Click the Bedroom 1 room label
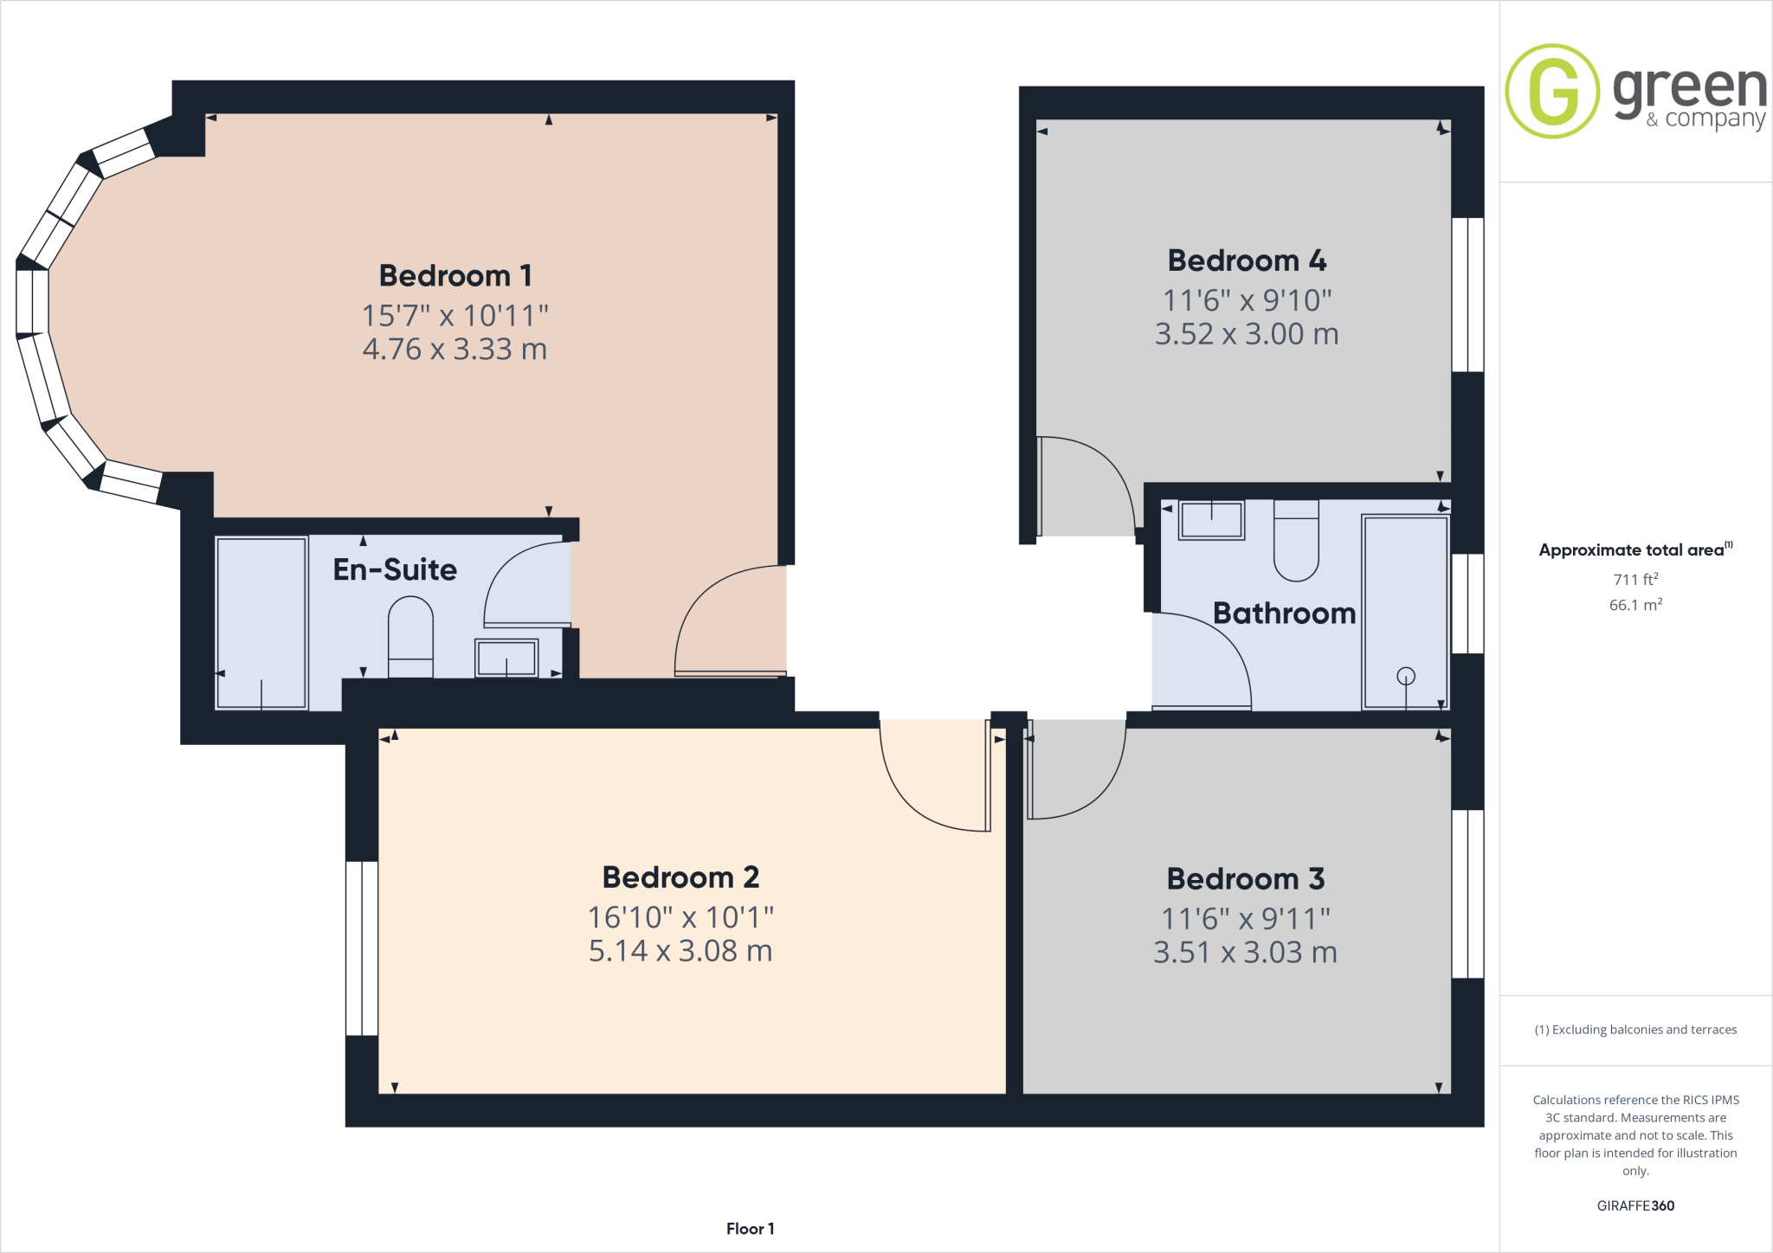[455, 276]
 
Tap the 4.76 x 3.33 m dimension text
[455, 350]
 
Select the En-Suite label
[395, 569]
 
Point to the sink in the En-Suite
[506, 658]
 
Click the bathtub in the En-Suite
[261, 623]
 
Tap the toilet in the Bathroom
[1296, 541]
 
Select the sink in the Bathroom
[1211, 520]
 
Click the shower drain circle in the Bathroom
[1406, 676]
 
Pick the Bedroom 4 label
[1247, 260]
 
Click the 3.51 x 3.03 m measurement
[1245, 953]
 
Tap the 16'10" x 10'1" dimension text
[680, 916]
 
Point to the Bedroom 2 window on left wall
[362, 948]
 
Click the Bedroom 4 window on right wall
[1467, 294]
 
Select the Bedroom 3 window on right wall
[1467, 894]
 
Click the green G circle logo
[1552, 91]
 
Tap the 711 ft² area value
[1635, 579]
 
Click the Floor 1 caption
[750, 1229]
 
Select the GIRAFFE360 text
[1635, 1205]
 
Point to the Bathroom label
[1284, 614]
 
